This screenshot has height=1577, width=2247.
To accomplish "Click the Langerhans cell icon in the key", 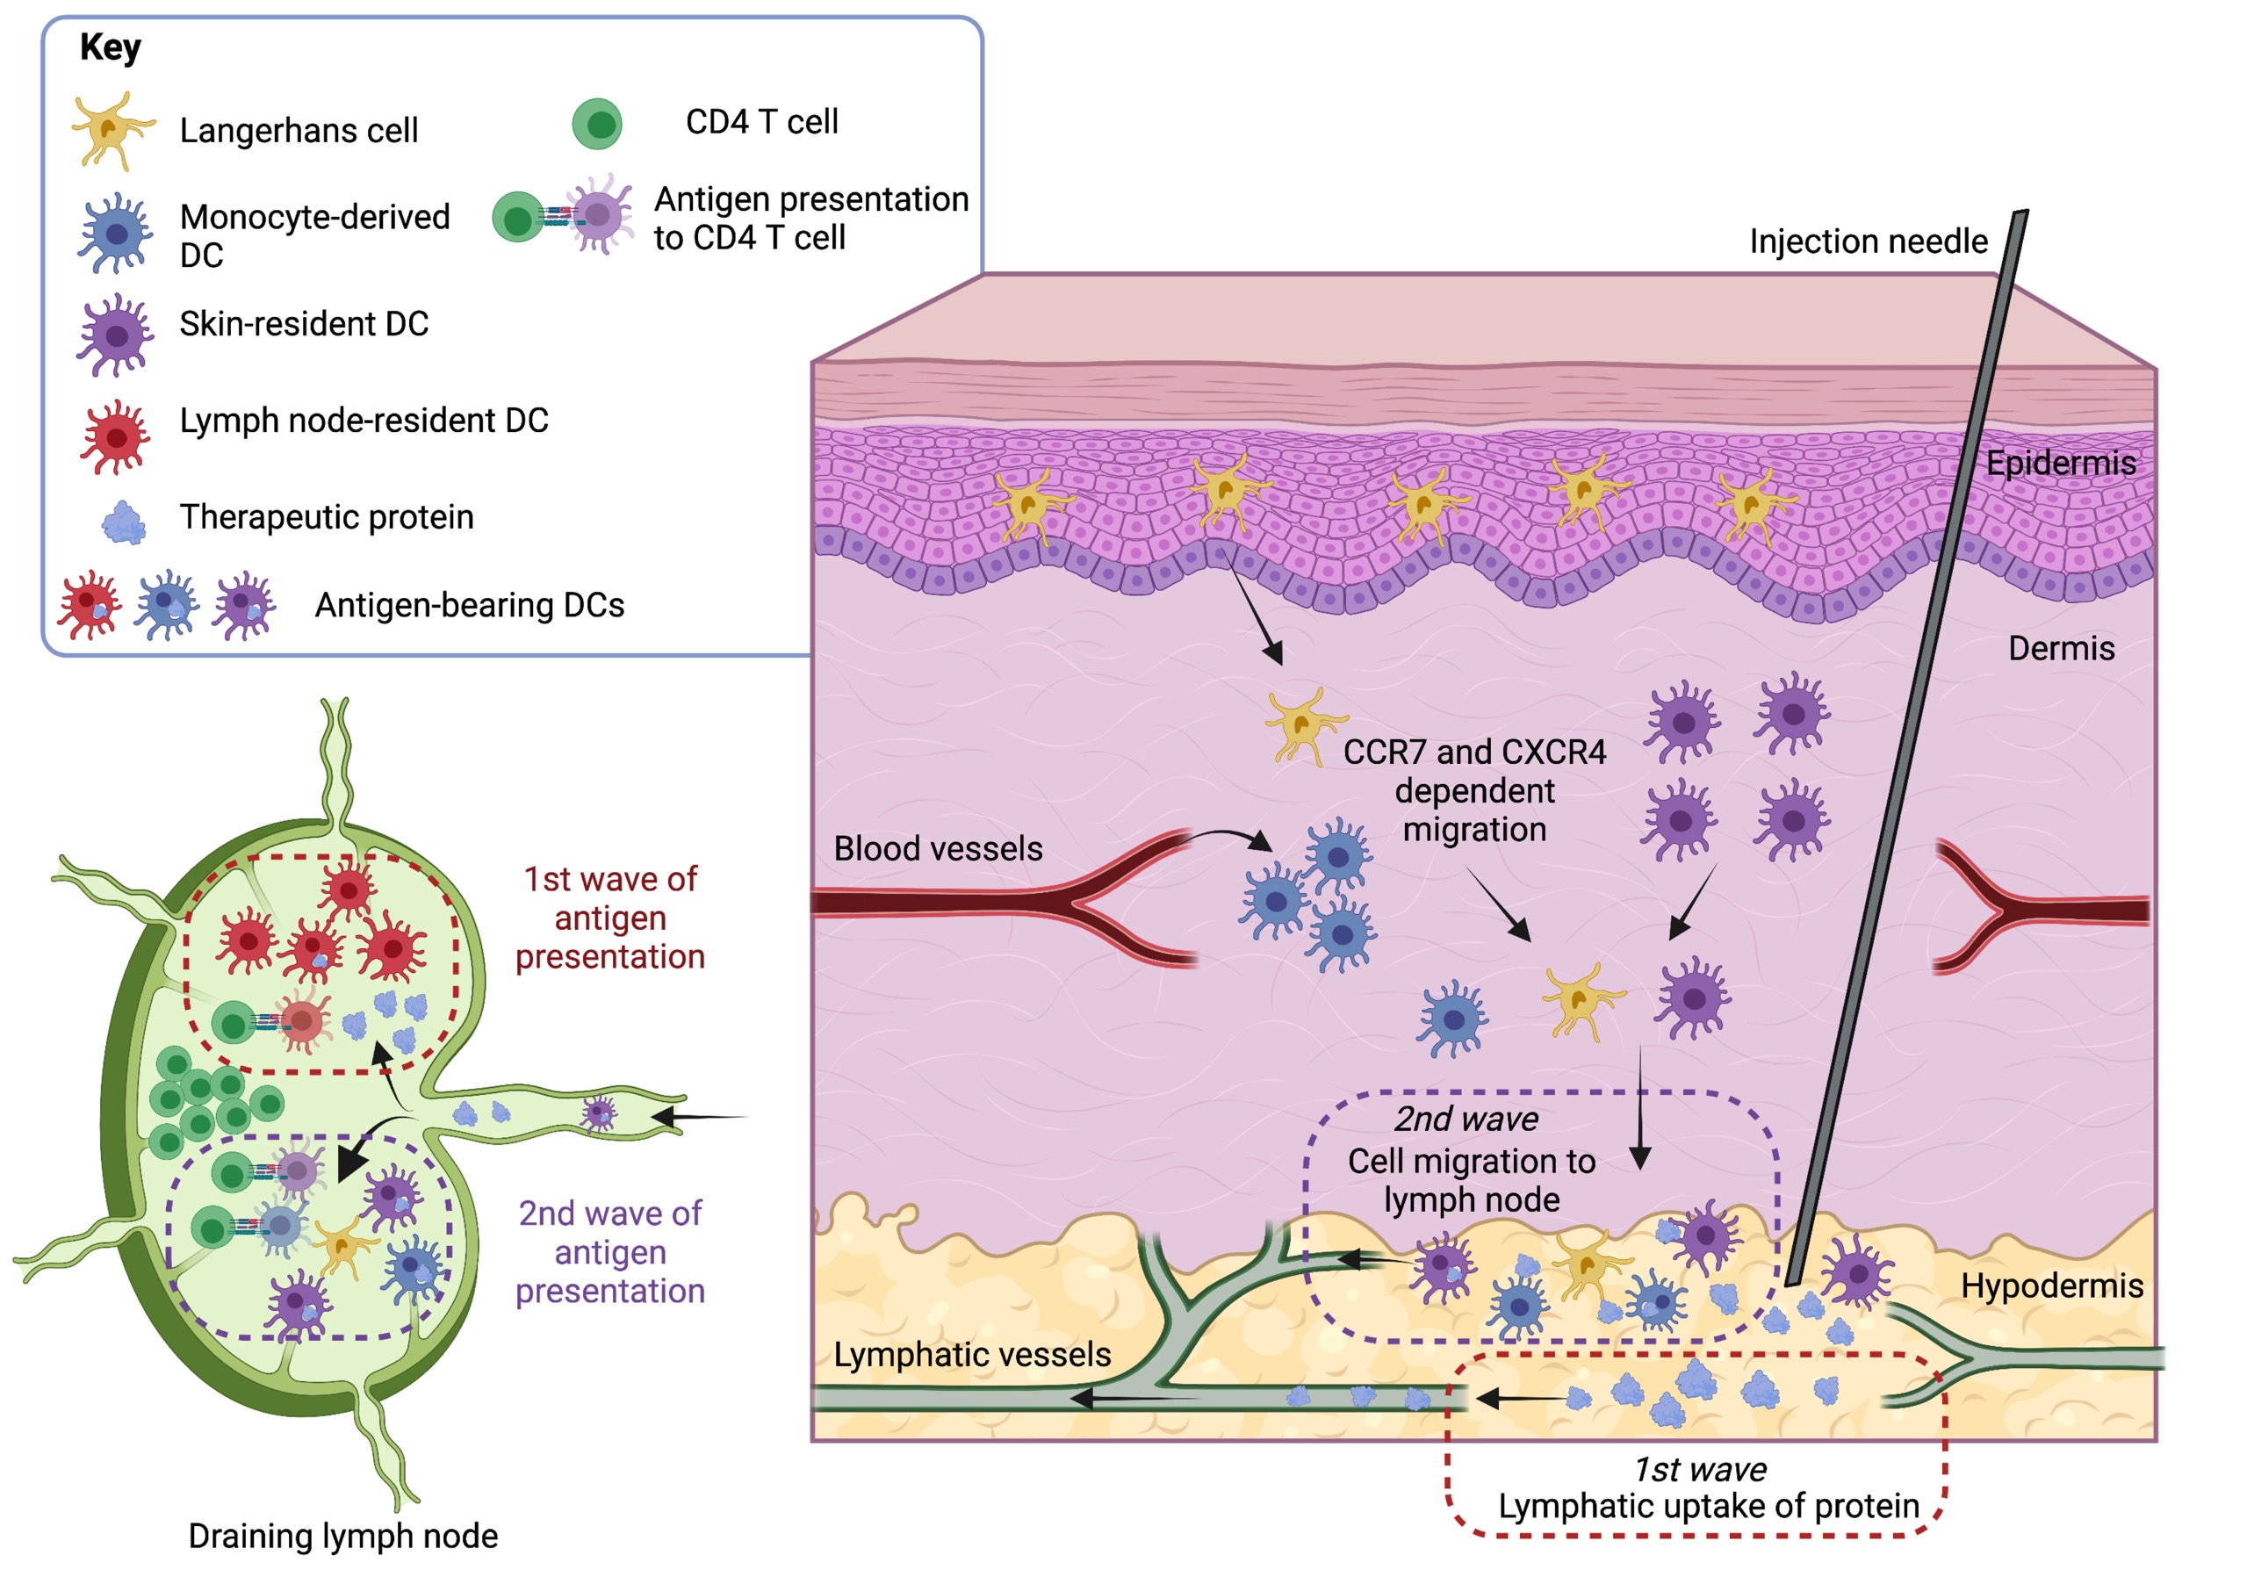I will point(112,129).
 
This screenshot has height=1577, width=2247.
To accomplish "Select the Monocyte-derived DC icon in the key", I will point(116,234).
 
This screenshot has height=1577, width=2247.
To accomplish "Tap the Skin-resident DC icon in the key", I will point(116,335).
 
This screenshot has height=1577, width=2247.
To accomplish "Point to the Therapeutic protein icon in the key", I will point(123,522).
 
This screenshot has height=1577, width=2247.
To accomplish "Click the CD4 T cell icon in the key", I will point(597,123).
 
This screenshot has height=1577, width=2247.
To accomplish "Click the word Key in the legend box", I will point(110,47).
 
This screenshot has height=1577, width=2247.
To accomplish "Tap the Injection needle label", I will point(1868,241).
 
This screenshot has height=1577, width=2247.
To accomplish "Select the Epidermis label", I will point(2060,463).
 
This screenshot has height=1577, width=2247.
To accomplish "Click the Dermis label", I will point(2061,648).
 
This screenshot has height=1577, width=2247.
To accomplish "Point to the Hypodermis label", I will point(2051,1285).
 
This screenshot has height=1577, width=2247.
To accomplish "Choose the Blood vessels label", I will point(938,849).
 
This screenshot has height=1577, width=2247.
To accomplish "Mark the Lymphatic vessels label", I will point(972,1355).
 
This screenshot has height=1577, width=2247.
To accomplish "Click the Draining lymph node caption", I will point(342,1536).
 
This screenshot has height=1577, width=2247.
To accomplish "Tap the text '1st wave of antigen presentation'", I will point(609,918).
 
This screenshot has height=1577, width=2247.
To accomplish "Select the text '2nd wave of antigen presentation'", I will point(609,1252).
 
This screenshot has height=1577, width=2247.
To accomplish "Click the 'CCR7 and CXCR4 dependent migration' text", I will point(1474,791).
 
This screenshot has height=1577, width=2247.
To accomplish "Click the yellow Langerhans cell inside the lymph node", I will point(342,1248).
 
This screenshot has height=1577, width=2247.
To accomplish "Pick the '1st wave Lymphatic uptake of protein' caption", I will point(1708,1488).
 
